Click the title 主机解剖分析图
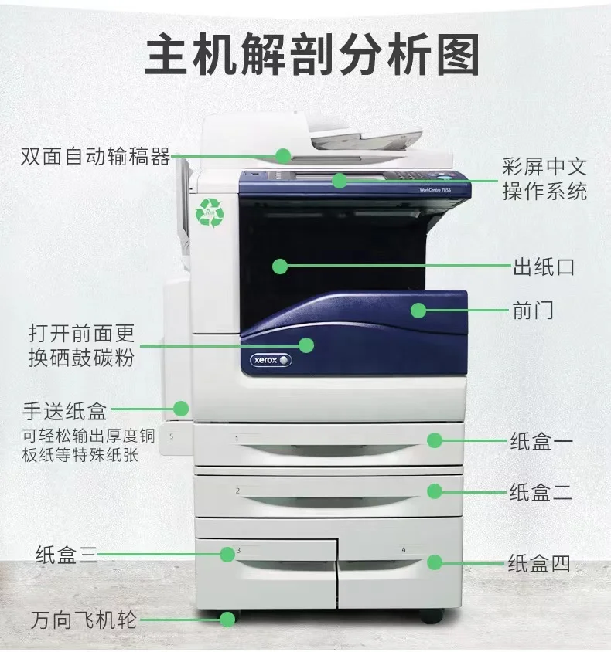[x=312, y=55]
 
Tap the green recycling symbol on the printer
[x=210, y=212]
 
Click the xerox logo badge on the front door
[x=271, y=360]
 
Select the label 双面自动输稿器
[x=96, y=157]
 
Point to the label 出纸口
[x=544, y=267]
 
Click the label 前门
[x=533, y=311]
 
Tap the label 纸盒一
[x=541, y=441]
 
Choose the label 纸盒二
[x=541, y=492]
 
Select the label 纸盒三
[x=67, y=555]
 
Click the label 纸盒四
[x=539, y=563]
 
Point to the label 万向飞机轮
[x=84, y=620]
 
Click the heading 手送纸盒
[x=64, y=411]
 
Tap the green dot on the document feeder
[x=283, y=156]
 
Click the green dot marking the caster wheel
[x=227, y=620]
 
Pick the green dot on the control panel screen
[x=340, y=181]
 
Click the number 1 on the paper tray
[x=237, y=439]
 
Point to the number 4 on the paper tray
[x=403, y=550]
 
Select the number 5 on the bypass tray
[x=171, y=436]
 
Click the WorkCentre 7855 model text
[x=435, y=190]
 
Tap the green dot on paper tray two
[x=435, y=491]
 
